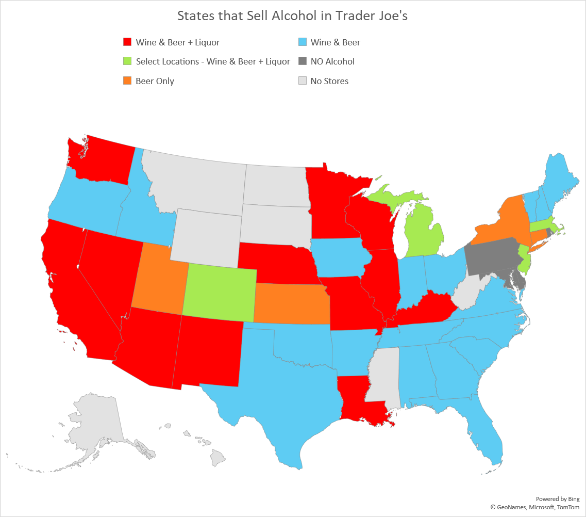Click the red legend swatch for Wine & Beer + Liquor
pyautogui.click(x=127, y=42)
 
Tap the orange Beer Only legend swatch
pyautogui.click(x=127, y=81)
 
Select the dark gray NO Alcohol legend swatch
pyautogui.click(x=302, y=61)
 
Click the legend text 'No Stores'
pyautogui.click(x=329, y=81)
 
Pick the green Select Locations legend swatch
pyautogui.click(x=127, y=61)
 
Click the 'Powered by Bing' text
pyautogui.click(x=558, y=499)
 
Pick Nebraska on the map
pyautogui.click(x=276, y=263)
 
